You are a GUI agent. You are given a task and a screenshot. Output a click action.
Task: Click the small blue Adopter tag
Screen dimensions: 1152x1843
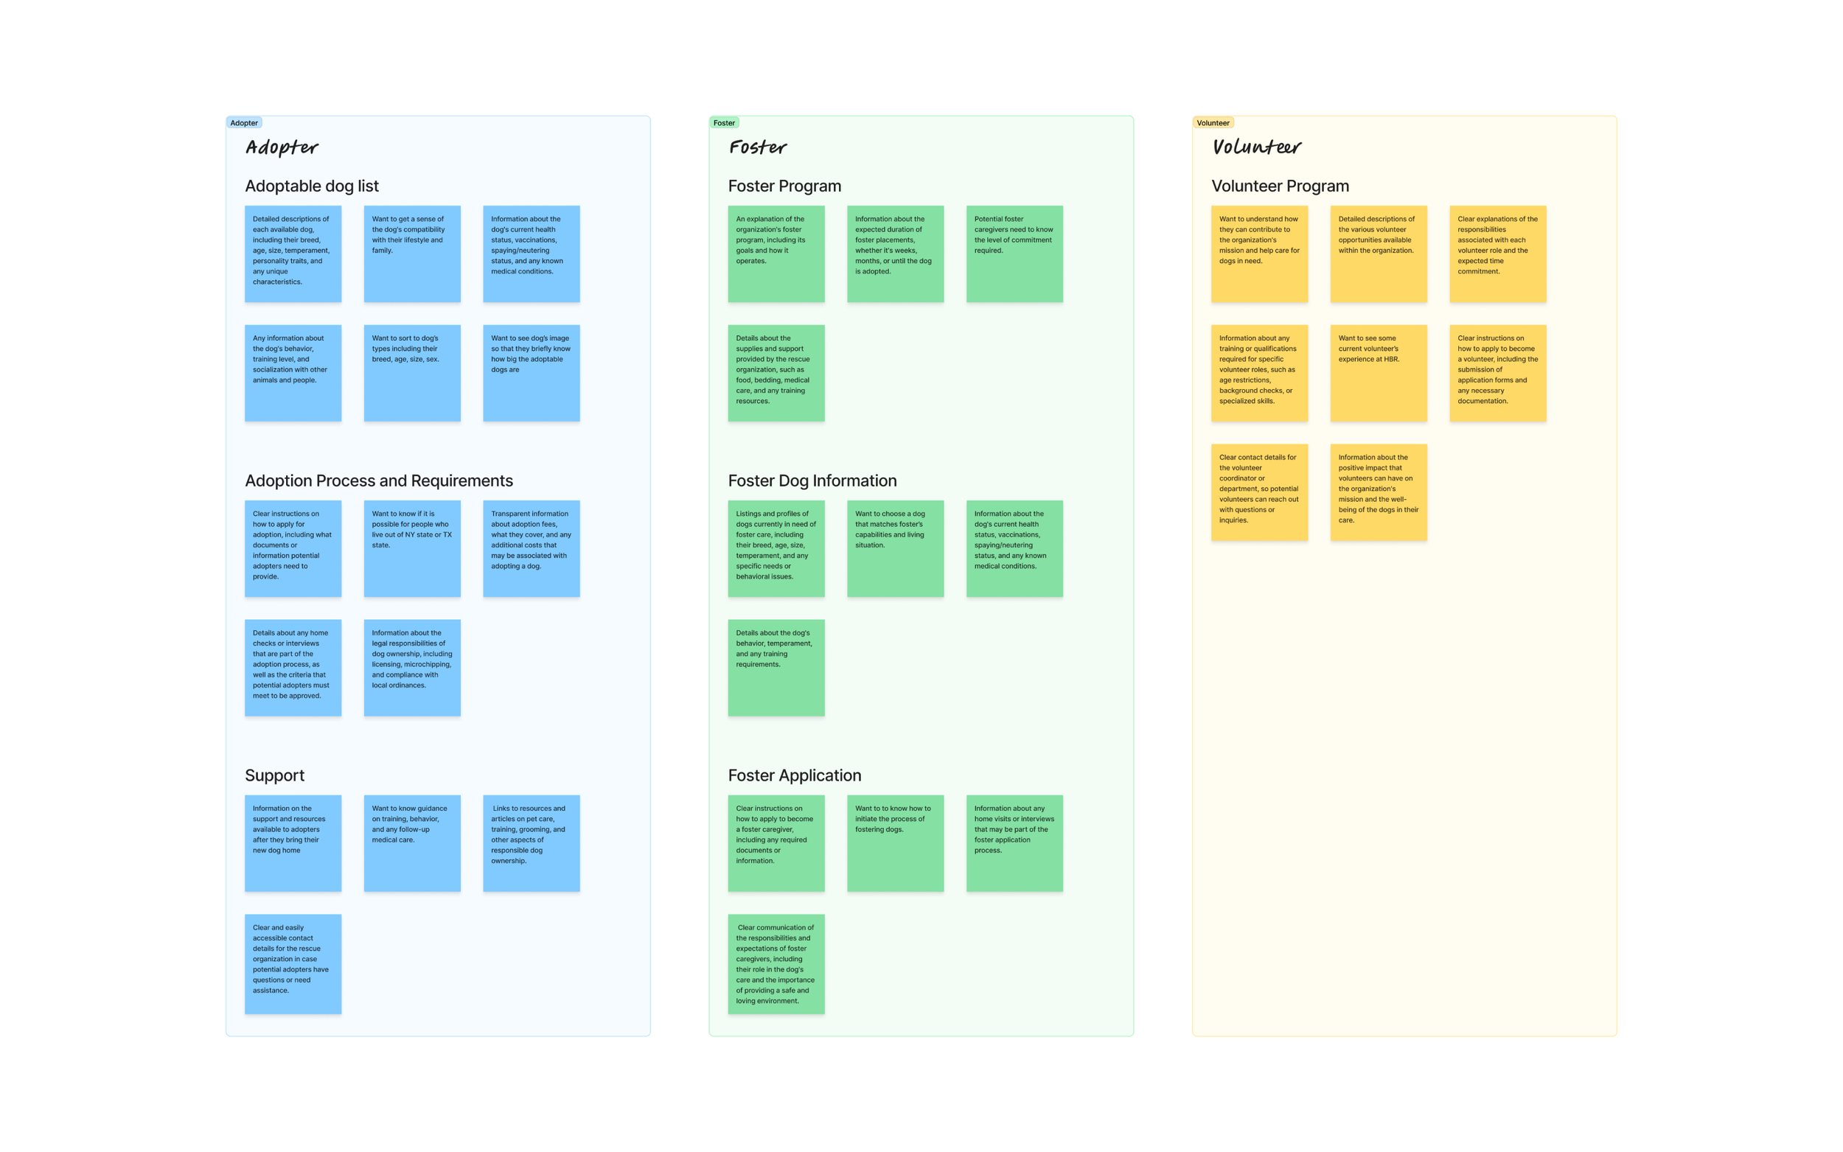click(x=244, y=122)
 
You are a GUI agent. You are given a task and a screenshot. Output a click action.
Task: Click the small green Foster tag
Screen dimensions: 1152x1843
click(x=724, y=122)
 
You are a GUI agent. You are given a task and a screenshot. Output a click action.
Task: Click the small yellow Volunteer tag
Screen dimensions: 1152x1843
click(x=1212, y=122)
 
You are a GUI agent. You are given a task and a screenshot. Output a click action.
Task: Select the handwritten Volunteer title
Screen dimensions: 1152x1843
click(x=1256, y=147)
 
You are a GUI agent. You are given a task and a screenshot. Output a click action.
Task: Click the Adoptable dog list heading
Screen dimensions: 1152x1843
click(x=312, y=186)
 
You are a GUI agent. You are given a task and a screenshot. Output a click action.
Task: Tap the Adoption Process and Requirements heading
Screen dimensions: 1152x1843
click(x=379, y=481)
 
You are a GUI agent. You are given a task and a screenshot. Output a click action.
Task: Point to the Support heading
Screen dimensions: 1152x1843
click(x=274, y=775)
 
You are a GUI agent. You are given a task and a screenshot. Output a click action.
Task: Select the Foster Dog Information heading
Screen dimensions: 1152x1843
click(x=812, y=481)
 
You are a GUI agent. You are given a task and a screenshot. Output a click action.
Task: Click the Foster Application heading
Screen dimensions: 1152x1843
click(x=795, y=775)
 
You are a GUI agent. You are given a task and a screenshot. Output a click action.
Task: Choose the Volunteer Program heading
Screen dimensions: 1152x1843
click(x=1280, y=186)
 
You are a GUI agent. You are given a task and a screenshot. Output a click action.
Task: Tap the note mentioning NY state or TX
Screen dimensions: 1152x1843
click(x=412, y=548)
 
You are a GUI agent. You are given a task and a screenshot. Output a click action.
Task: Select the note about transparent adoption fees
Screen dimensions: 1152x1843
click(x=531, y=548)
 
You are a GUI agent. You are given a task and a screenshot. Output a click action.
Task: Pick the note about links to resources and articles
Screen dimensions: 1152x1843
click(x=531, y=842)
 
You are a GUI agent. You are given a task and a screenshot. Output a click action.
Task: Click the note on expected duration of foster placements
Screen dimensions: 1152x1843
click(x=895, y=254)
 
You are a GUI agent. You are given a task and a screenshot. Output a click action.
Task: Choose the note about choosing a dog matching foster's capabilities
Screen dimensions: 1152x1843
click(x=895, y=548)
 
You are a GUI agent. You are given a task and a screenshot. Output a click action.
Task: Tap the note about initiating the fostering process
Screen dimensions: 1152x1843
click(x=895, y=842)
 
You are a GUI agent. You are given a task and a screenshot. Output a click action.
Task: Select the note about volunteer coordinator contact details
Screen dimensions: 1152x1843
click(x=1259, y=492)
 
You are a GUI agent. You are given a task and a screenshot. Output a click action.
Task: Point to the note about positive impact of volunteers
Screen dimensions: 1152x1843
click(x=1379, y=492)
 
